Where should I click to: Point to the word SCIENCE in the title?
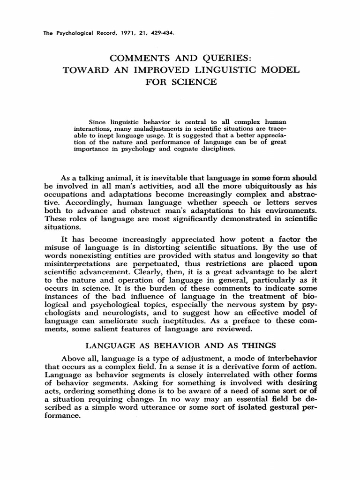(x=195, y=82)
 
